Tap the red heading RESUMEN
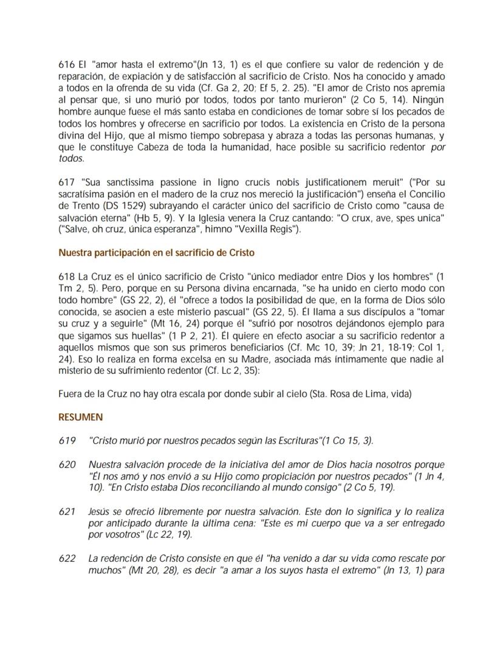point(80,418)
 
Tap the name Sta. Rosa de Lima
point(346,394)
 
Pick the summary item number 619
point(66,440)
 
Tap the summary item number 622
point(66,557)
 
